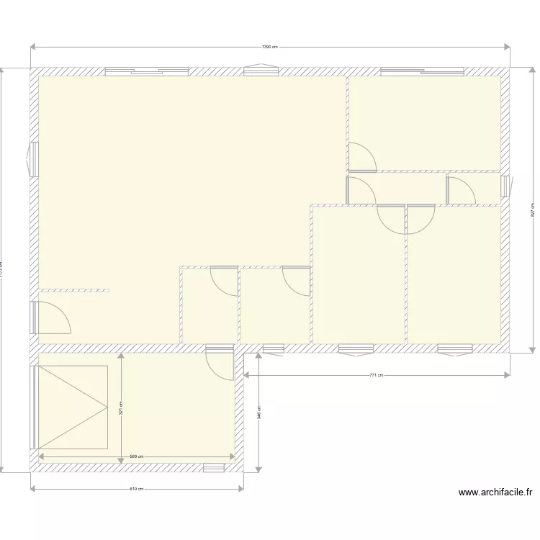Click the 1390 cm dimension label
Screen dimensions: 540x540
click(269, 48)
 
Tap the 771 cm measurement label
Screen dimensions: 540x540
click(376, 375)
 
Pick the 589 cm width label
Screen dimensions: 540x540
click(137, 456)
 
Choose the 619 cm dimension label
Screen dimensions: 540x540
click(137, 490)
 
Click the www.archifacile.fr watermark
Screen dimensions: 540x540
click(495, 493)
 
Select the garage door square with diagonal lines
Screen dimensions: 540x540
click(72, 408)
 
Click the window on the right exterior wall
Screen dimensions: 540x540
click(505, 186)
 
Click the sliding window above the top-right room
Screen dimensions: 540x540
click(422, 71)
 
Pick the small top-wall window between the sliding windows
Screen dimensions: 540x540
click(259, 71)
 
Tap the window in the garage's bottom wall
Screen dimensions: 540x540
click(214, 467)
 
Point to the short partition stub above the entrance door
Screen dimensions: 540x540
click(72, 291)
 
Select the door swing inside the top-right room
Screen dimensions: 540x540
click(362, 157)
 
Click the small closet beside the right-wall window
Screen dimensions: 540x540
click(473, 189)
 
